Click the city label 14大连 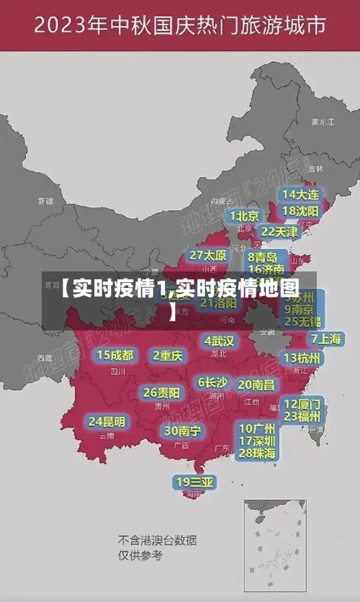[x=300, y=194]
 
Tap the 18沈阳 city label [x=300, y=211]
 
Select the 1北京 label [x=245, y=215]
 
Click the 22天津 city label [x=279, y=232]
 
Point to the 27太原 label [x=208, y=256]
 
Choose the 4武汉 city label [x=219, y=341]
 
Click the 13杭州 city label [x=302, y=358]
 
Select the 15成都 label [x=114, y=354]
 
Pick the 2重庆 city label [x=168, y=355]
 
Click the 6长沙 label [x=212, y=382]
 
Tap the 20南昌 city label [x=256, y=385]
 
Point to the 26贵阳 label [x=161, y=392]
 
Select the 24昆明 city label [x=107, y=421]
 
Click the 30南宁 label [x=182, y=431]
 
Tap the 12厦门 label [x=302, y=403]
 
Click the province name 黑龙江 [x=322, y=122]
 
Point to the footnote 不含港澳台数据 [x=157, y=540]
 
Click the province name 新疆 [x=45, y=201]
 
